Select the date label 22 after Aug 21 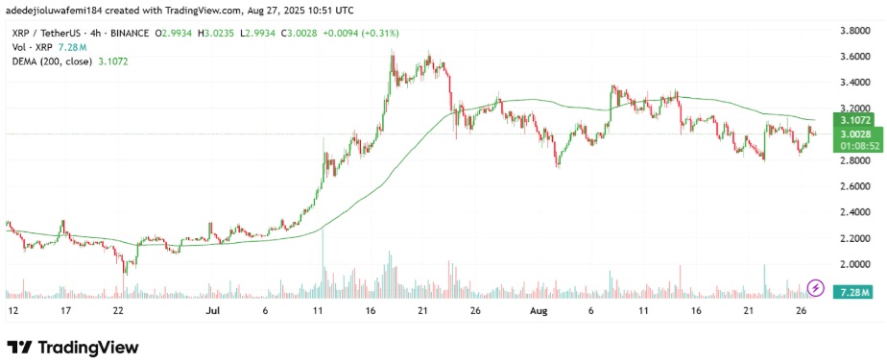coord(759,312)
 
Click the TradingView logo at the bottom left coord(73,347)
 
